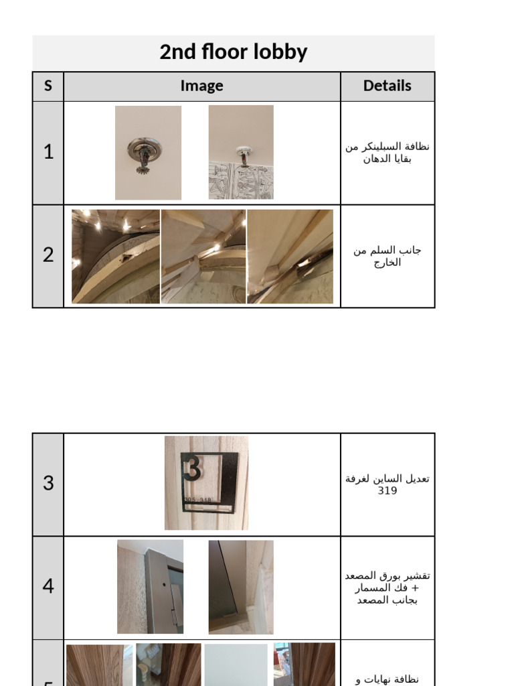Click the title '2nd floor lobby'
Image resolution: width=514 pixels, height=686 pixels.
233,52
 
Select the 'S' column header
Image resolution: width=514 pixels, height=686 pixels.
48,86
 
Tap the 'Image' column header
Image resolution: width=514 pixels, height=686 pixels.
201,86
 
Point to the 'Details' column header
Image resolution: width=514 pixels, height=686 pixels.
387,86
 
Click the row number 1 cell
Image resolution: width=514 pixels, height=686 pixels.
48,152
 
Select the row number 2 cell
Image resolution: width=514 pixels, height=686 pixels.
48,255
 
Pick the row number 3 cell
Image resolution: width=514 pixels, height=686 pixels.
48,483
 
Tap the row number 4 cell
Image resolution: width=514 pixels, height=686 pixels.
48,586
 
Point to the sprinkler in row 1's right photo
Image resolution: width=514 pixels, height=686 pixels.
244,155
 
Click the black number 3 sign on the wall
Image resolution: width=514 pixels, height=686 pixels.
208,479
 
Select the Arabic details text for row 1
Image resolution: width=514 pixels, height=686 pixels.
387,153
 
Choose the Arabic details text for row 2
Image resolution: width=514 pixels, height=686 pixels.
387,256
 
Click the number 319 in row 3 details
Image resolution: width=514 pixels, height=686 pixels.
387,490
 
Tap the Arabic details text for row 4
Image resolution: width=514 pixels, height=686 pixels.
387,588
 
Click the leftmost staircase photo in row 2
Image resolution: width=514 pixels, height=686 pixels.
116,257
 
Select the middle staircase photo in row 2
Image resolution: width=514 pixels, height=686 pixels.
203,257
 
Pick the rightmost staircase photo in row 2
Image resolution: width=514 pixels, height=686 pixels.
290,257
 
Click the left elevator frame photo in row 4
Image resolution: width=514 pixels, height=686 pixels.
150,587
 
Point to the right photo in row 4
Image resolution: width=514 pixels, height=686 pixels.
241,587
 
